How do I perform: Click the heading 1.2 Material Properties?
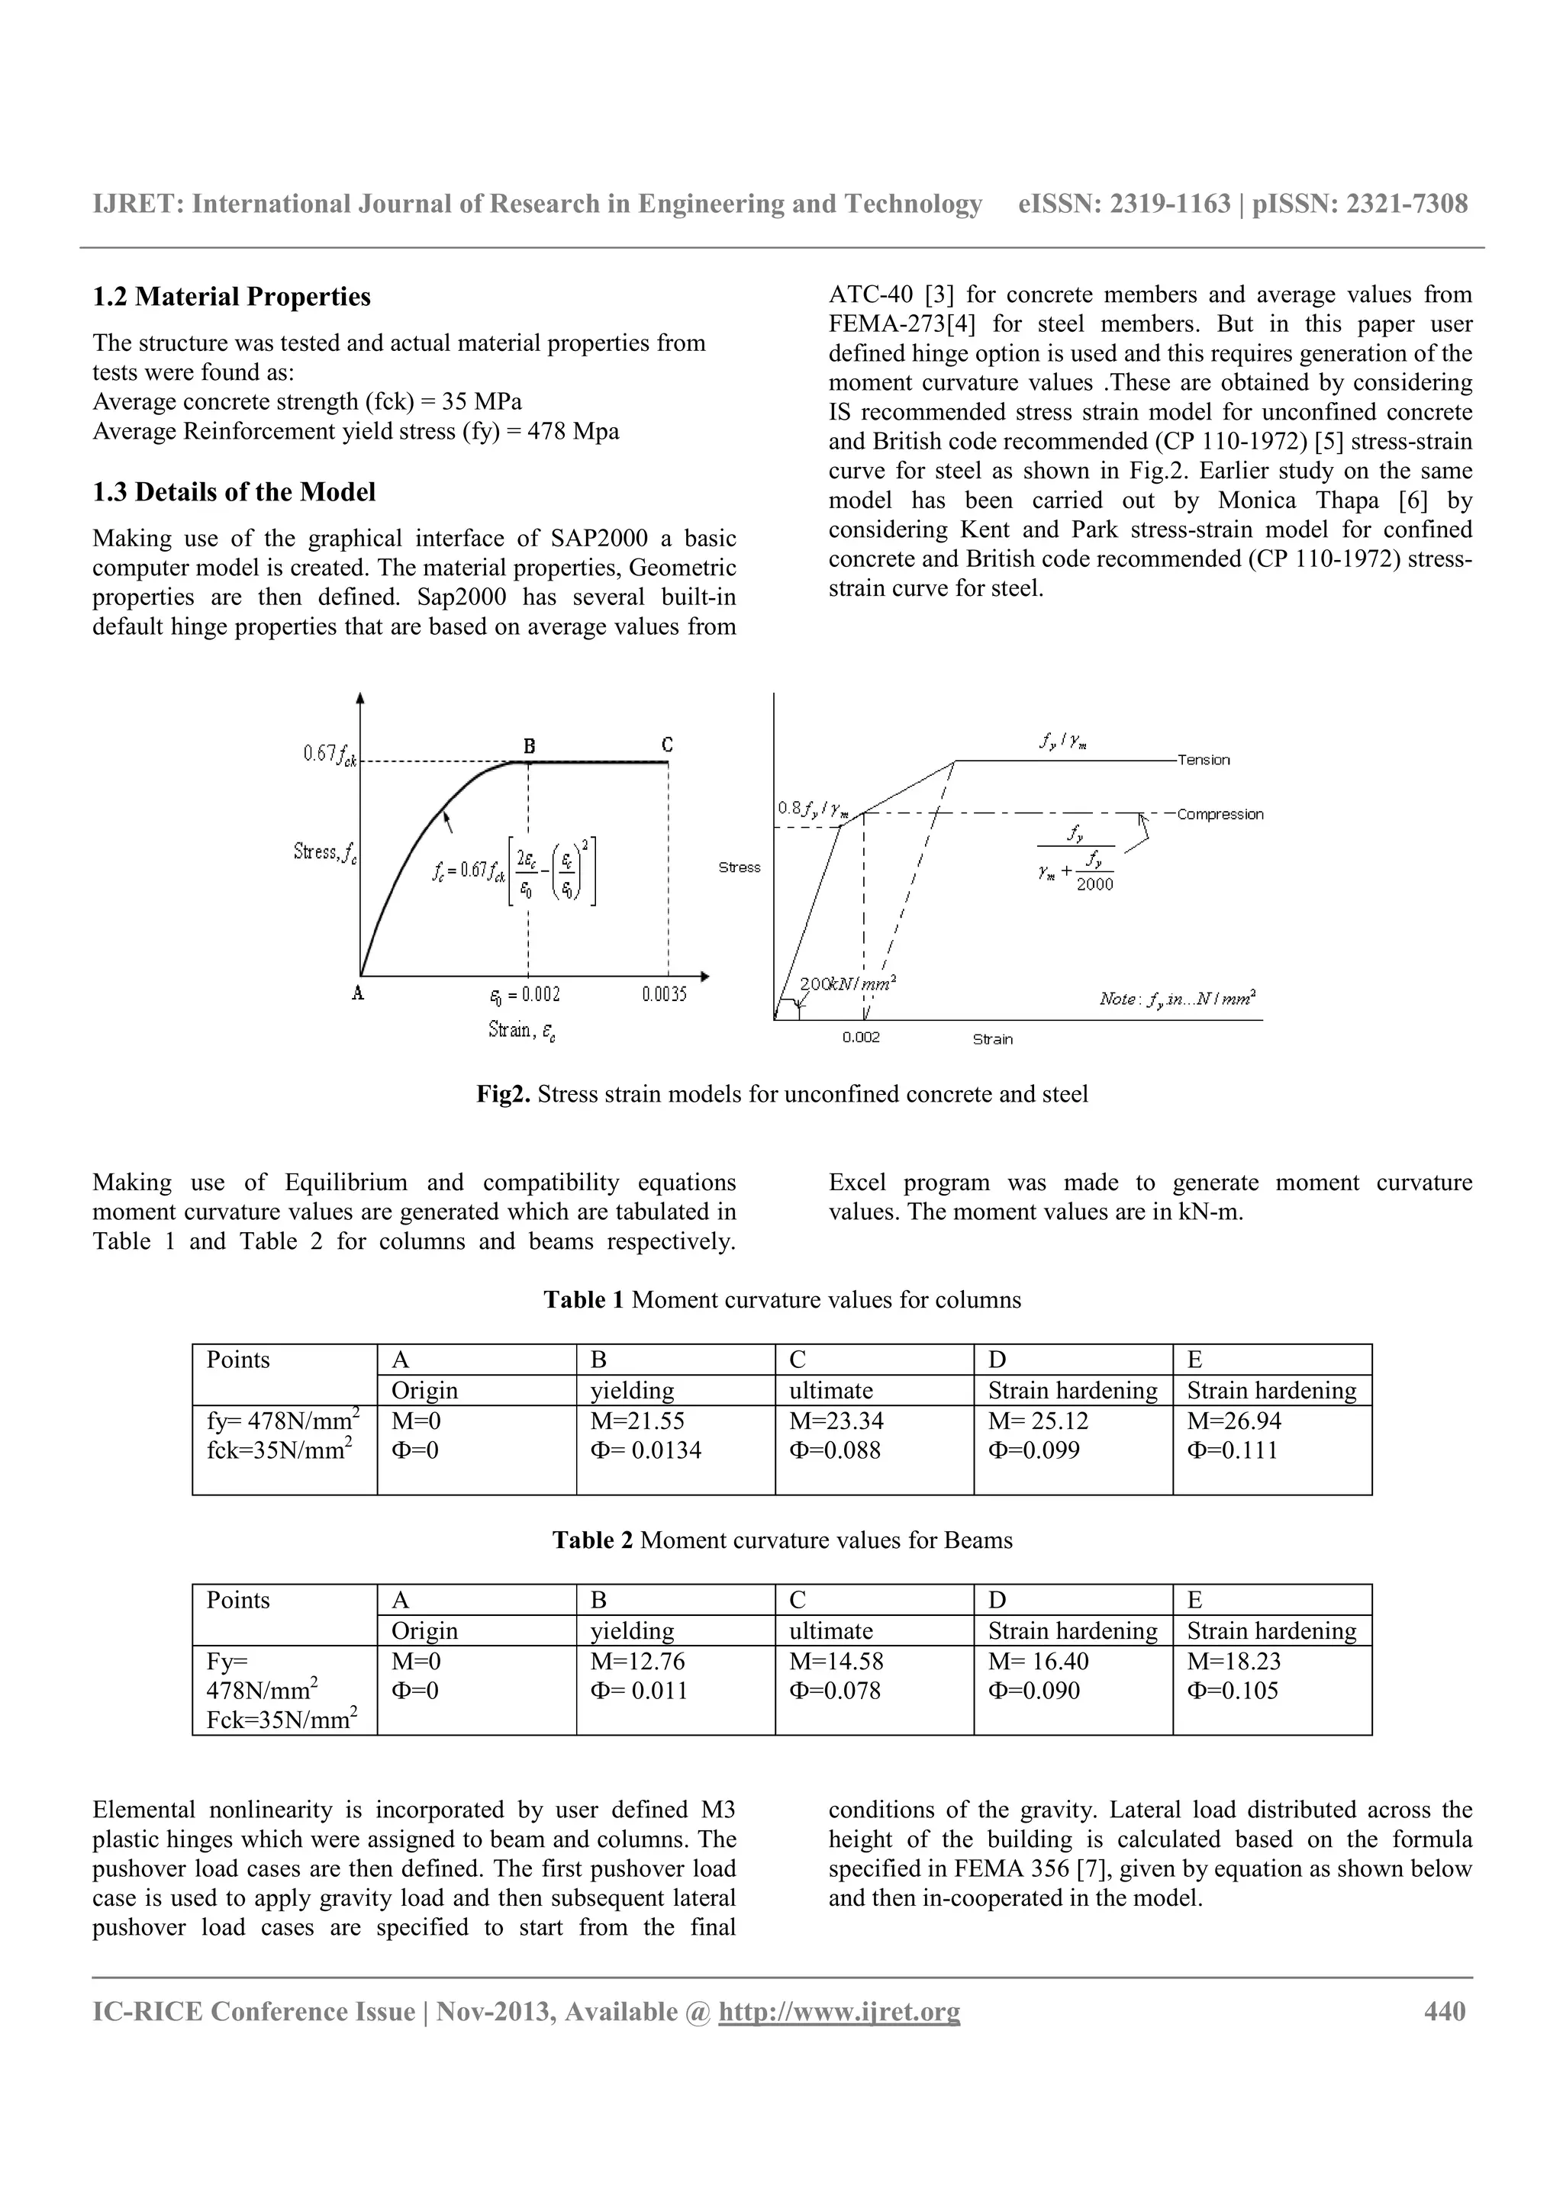(x=231, y=297)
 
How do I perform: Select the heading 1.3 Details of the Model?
(x=234, y=492)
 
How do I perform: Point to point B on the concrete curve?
(x=529, y=746)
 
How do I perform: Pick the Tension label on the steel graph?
(x=1203, y=760)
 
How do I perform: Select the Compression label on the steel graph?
(x=1220, y=815)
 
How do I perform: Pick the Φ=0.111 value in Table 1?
(x=1232, y=1450)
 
